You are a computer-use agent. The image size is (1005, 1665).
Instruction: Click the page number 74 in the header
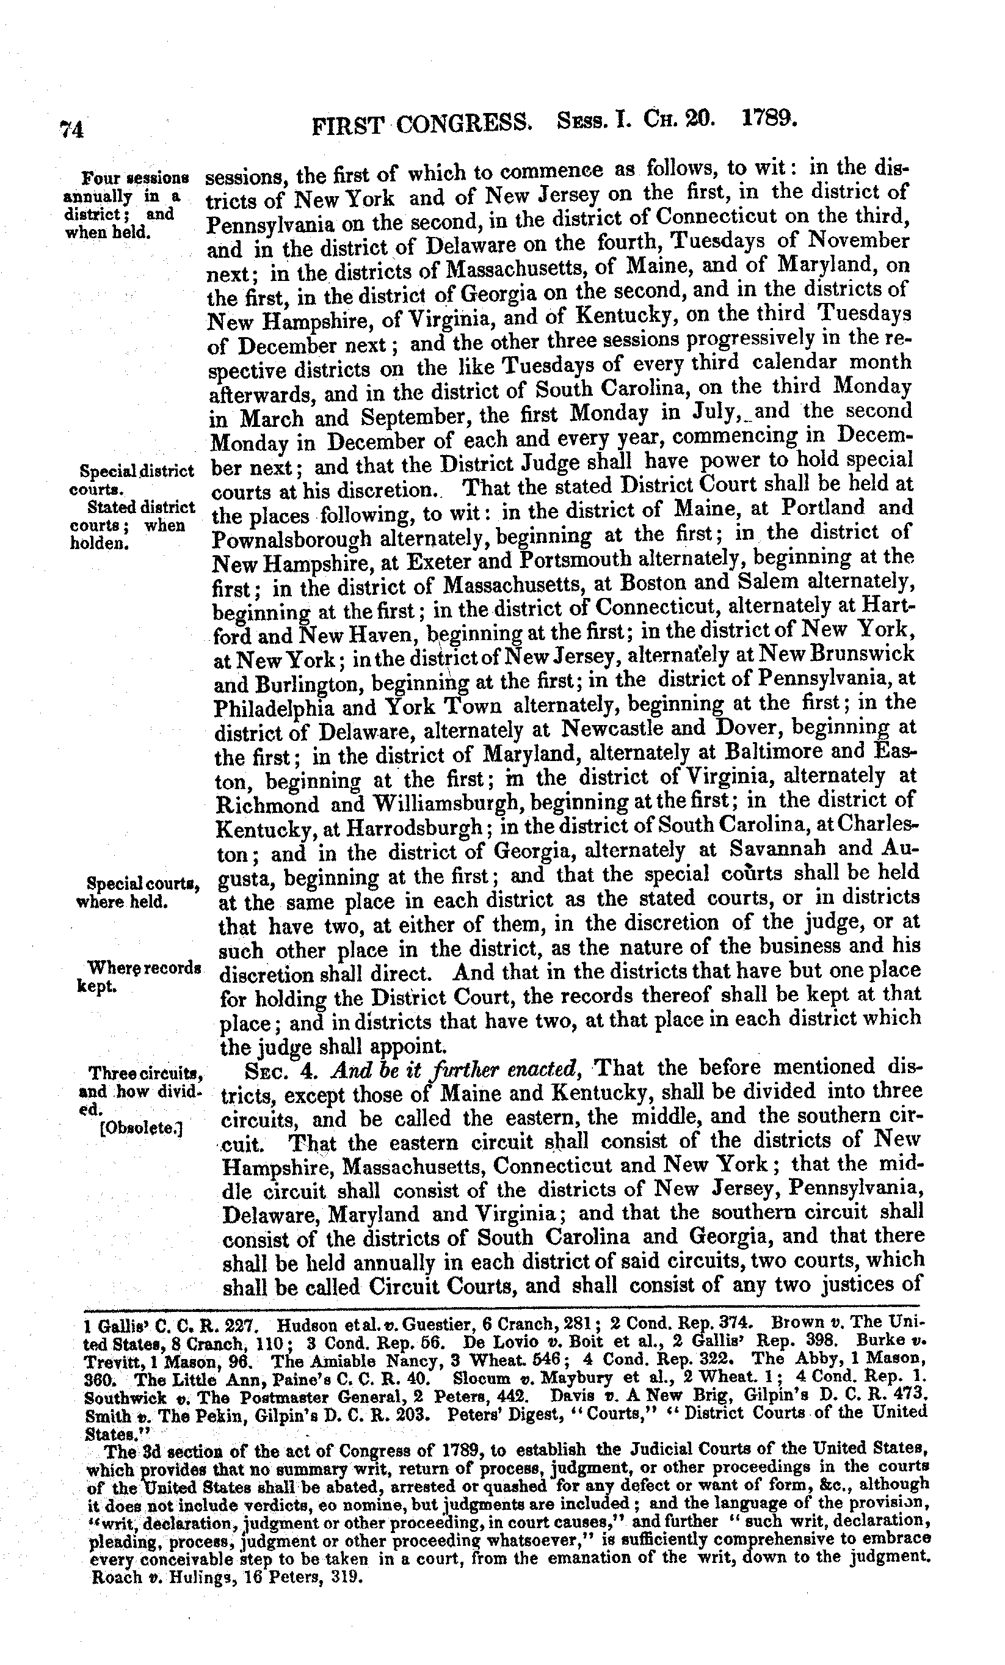tap(71, 128)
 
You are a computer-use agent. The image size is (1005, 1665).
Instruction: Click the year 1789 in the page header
tap(769, 120)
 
